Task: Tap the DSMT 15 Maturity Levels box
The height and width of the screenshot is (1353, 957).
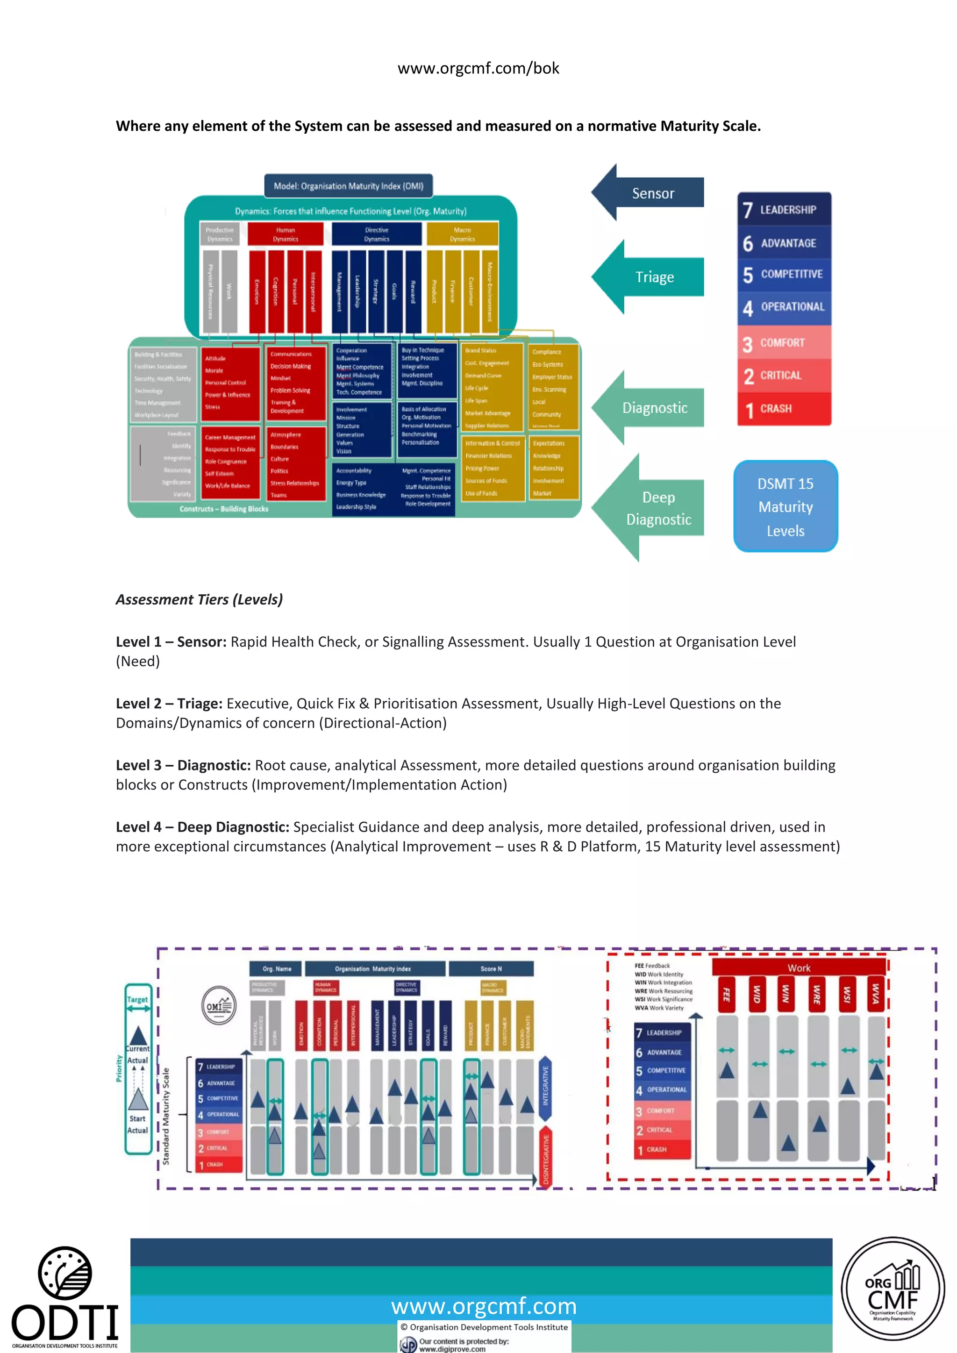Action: tap(785, 507)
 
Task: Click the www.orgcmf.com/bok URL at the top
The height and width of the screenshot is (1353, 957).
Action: tap(478, 68)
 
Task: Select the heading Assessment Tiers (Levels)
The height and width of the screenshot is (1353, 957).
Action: tap(199, 599)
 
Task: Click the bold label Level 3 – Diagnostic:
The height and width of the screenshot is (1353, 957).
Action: tap(183, 765)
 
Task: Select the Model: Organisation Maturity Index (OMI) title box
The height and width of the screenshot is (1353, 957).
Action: tap(348, 185)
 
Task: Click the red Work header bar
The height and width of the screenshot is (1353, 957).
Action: tap(799, 968)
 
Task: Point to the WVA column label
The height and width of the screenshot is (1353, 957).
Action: tap(876, 994)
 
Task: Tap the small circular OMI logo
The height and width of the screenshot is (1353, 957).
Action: tap(219, 1005)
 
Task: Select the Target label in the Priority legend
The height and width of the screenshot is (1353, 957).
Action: tap(137, 999)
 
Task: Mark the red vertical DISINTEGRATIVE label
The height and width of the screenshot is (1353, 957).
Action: tap(546, 1159)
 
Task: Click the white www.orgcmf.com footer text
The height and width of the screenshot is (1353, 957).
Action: tap(484, 1306)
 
